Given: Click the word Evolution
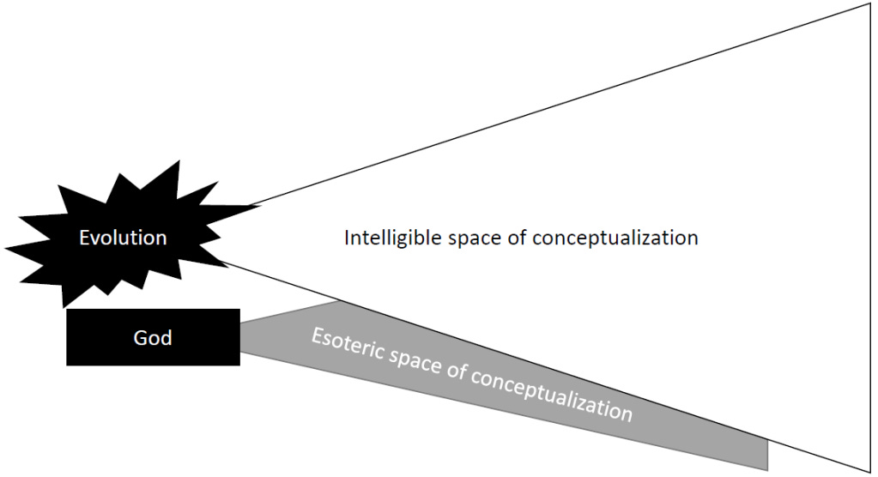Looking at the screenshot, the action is coord(123,238).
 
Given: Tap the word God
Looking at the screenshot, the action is coord(153,338).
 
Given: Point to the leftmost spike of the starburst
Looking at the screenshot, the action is coord(7,250).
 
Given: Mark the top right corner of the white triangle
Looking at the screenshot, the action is coord(869,4).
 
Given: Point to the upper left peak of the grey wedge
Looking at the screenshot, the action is coord(337,301).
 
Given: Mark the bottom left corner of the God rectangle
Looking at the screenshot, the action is coord(68,365).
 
